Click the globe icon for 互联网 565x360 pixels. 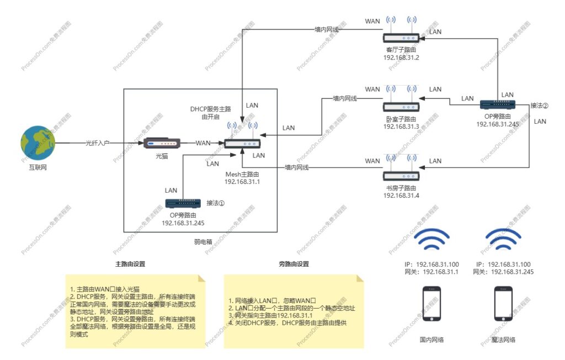(38, 142)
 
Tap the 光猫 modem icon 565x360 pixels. (162, 144)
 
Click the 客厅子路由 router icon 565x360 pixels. (402, 38)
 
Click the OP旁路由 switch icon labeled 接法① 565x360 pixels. (182, 204)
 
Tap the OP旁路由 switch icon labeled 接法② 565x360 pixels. (497, 104)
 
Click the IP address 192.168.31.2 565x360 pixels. (402, 58)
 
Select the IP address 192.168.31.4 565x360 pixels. (402, 195)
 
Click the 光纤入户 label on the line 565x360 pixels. (98, 143)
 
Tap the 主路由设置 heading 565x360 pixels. (130, 264)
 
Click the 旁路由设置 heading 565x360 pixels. (294, 264)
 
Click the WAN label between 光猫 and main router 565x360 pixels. (203, 143)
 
